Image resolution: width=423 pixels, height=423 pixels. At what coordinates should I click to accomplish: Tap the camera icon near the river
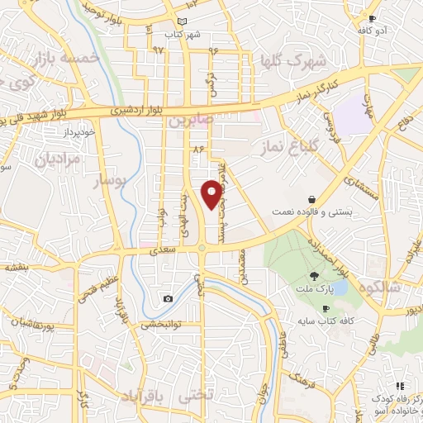point(168,298)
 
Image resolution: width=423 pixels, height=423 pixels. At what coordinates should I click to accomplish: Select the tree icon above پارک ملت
point(313,276)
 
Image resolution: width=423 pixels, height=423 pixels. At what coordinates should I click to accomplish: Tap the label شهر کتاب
point(183,35)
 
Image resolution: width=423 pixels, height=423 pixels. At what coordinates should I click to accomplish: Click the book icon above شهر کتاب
point(183,22)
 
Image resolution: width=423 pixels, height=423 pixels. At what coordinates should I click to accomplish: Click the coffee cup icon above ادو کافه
point(373,18)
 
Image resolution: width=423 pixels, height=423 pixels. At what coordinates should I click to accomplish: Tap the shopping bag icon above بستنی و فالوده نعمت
point(311,199)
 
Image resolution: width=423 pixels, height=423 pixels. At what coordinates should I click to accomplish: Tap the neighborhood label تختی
point(196,396)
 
